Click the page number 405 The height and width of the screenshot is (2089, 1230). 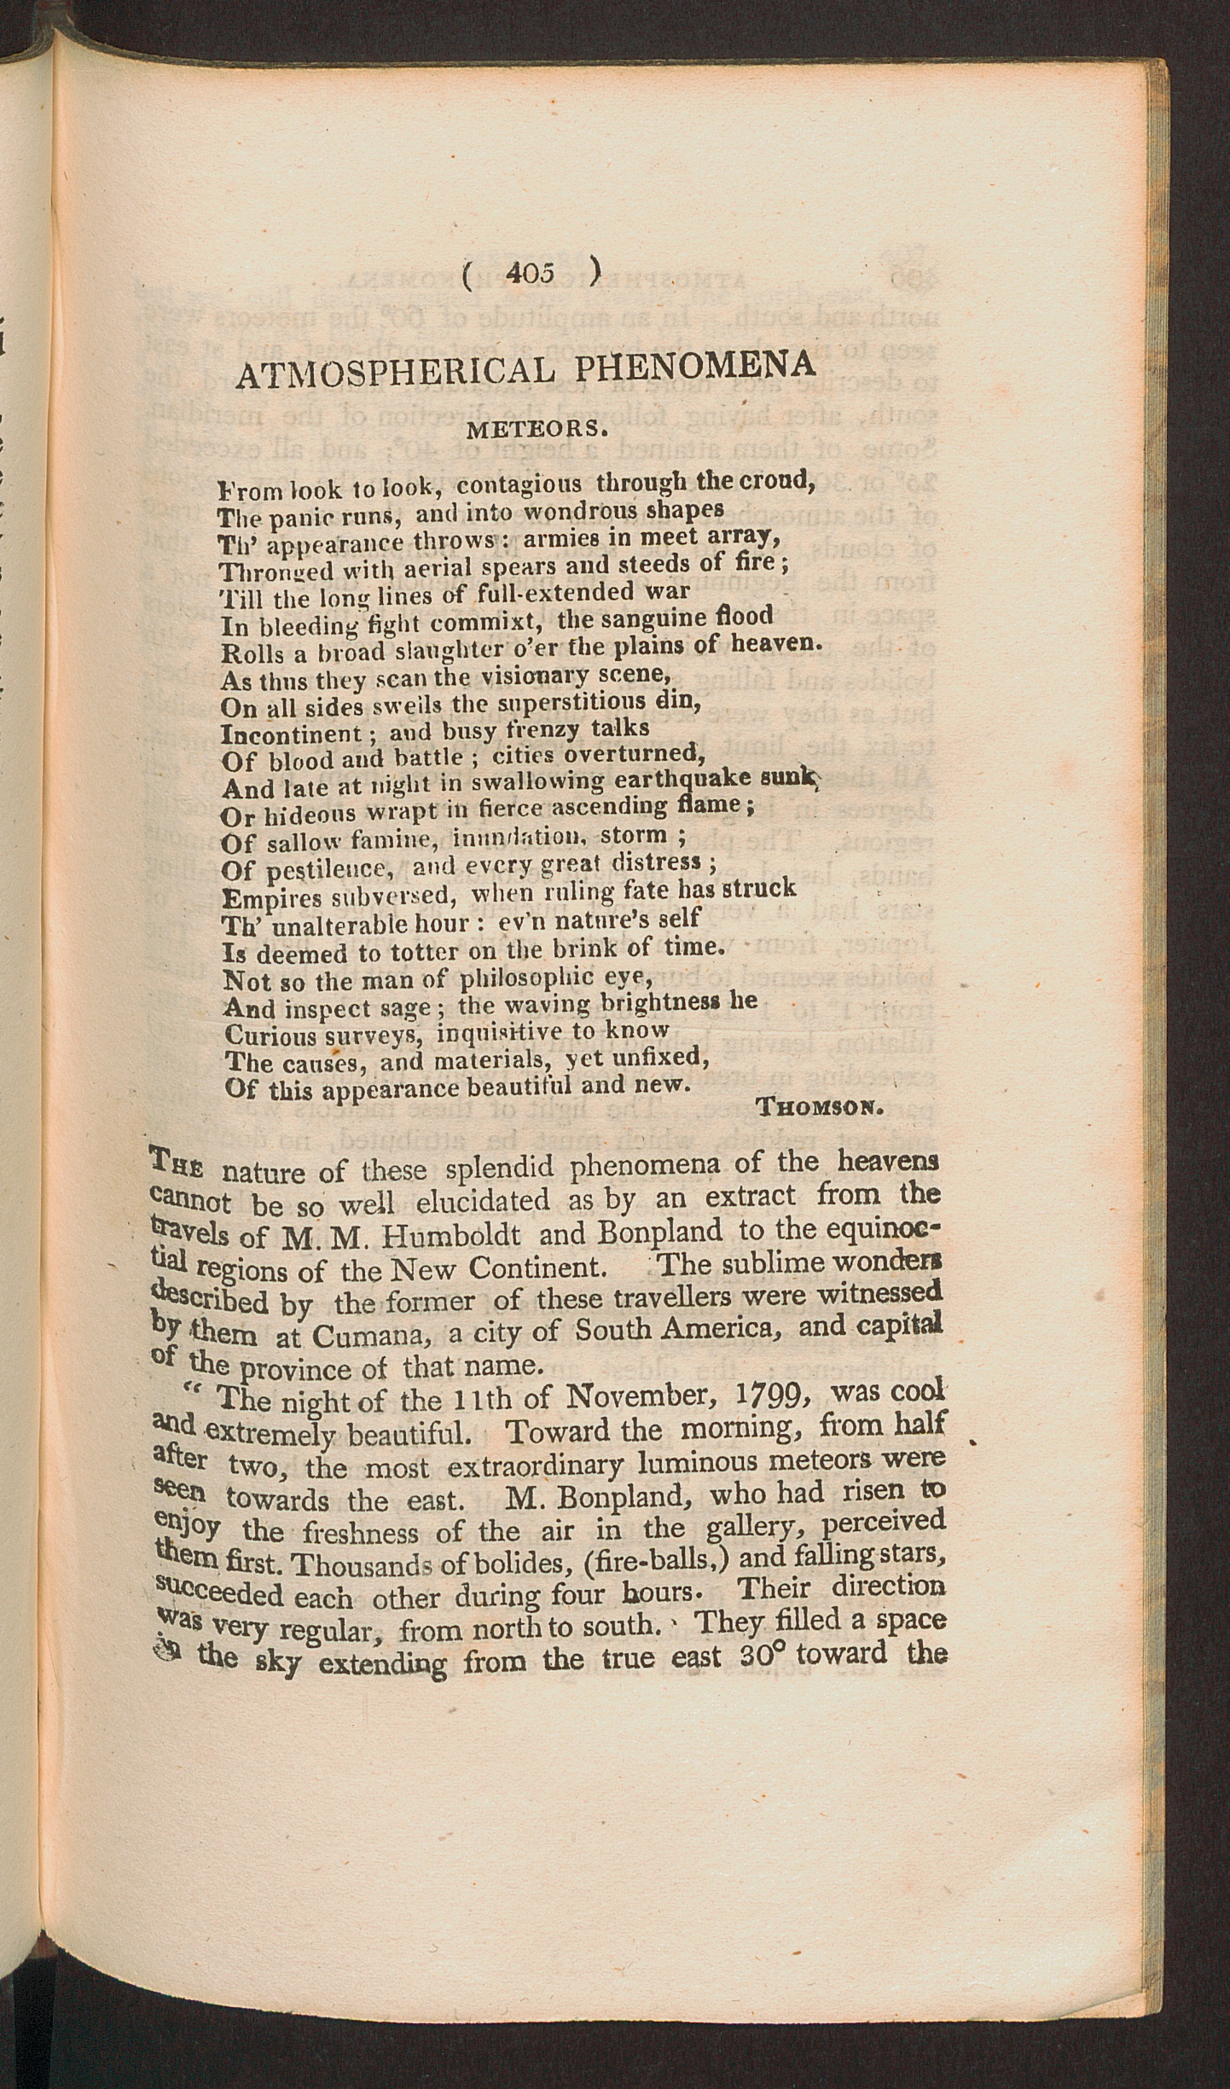(531, 272)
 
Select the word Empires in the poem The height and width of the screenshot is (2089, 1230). (270, 898)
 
